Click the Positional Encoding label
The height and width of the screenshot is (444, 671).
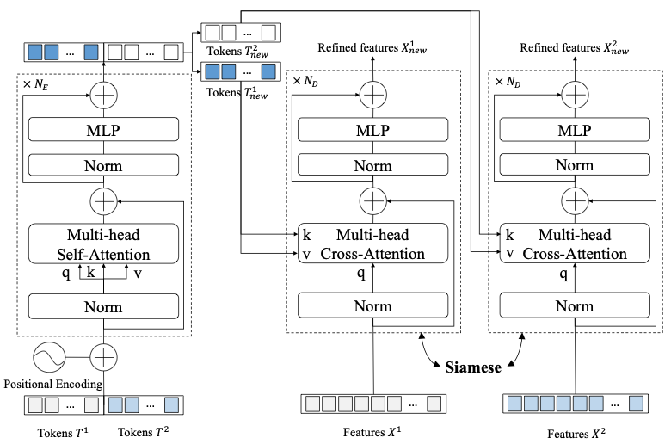(53, 384)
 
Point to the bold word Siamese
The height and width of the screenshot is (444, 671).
(472, 366)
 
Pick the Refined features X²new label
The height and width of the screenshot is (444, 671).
(574, 51)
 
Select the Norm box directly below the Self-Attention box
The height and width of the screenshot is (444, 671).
(103, 306)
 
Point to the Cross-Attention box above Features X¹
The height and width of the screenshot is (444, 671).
(372, 244)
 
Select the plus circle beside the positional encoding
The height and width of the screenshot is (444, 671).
(103, 356)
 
